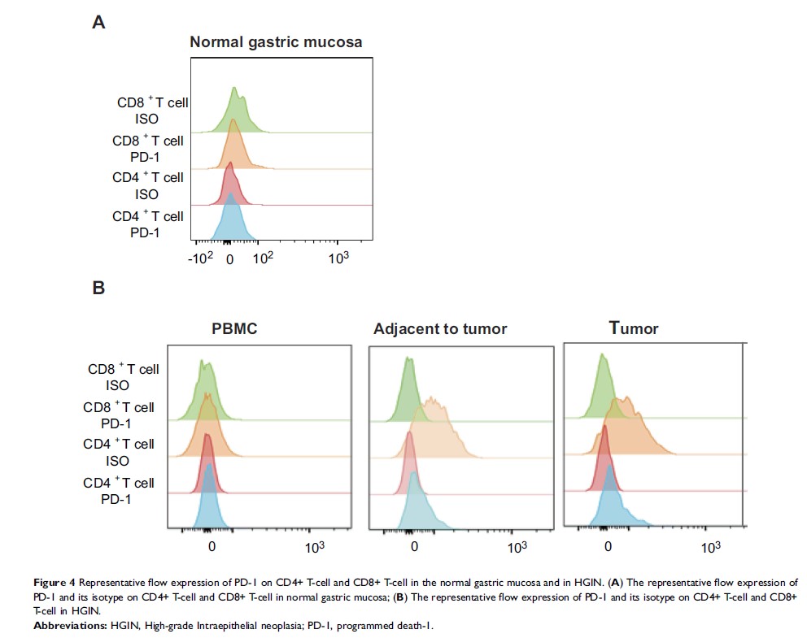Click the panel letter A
click(x=98, y=23)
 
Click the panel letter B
click(x=98, y=287)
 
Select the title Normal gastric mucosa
click(x=276, y=41)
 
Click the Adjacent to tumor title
click(x=440, y=329)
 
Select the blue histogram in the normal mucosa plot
click(x=232, y=219)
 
